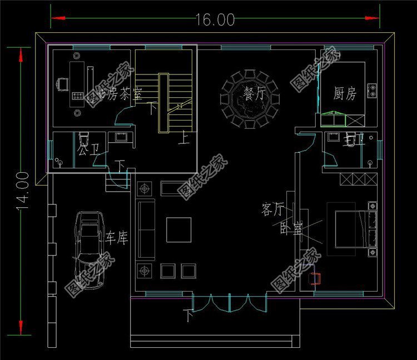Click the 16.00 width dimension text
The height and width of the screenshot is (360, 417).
coord(215,19)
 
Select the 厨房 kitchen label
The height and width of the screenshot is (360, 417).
coord(345,93)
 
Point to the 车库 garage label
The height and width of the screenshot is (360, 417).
coord(117,239)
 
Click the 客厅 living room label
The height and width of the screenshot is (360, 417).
coord(272,209)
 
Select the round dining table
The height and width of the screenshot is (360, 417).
coord(250,99)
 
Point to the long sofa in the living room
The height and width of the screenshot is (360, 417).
coord(147,230)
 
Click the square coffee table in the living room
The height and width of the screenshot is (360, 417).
coord(178,229)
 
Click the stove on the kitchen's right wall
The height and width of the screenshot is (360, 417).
coord(372,90)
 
